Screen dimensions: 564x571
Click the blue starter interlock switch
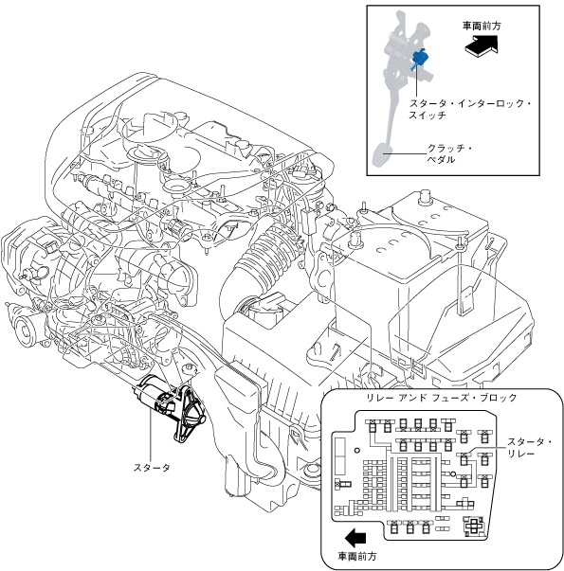click(420, 59)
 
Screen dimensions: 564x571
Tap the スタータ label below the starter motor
click(152, 468)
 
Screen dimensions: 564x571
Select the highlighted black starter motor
click(171, 408)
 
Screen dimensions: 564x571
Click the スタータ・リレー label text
click(529, 448)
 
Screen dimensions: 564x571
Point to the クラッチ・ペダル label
click(449, 153)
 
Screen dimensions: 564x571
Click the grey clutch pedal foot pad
click(382, 155)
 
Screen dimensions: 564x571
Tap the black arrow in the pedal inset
click(481, 45)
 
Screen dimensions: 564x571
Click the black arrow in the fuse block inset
click(355, 538)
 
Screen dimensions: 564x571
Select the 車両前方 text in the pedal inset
click(482, 26)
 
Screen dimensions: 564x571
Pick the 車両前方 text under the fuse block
click(357, 557)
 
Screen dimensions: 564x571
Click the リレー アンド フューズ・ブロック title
click(442, 398)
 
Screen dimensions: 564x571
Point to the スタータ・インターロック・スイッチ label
click(469, 109)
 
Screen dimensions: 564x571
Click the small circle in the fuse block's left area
click(357, 450)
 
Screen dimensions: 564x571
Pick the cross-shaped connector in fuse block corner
click(473, 526)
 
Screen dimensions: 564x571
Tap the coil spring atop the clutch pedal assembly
click(398, 39)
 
